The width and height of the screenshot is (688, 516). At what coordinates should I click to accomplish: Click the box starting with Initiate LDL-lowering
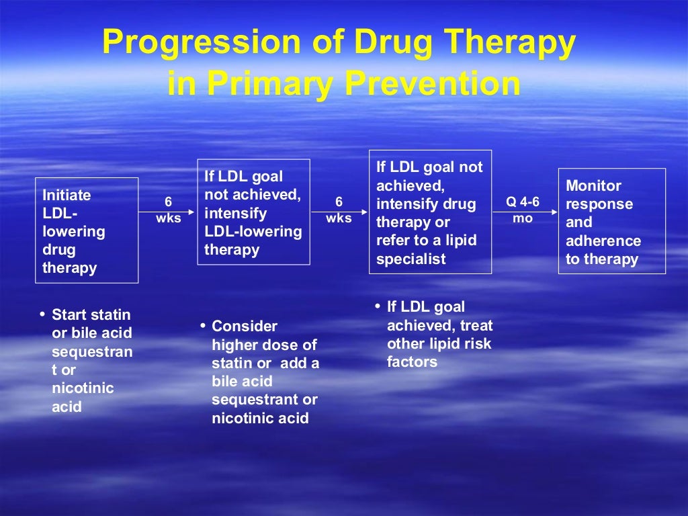coord(87,230)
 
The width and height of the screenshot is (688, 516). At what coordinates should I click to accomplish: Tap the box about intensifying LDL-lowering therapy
coord(253,212)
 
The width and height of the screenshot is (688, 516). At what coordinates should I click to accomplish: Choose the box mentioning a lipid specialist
coord(430,212)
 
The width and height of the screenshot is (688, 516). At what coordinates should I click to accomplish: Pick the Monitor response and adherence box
coord(611,222)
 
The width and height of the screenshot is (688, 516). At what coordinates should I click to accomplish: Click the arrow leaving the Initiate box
coord(167,212)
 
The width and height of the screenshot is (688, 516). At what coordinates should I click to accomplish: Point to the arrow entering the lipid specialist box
coord(339,212)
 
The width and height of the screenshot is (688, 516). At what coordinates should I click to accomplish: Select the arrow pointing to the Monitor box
coord(525,212)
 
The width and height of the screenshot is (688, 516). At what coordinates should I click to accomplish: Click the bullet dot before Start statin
coord(43,313)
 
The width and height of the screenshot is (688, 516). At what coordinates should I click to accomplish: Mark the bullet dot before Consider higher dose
coord(203,325)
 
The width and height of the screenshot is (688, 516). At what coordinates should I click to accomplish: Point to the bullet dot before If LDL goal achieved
coord(378,306)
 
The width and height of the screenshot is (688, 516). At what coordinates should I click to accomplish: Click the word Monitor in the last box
coord(593,185)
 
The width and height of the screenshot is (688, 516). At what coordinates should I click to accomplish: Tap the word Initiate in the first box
coord(67,195)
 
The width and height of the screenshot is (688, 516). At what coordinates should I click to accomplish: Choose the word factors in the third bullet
coord(412,362)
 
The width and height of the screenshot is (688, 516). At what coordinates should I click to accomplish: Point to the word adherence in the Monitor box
coord(603,241)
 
